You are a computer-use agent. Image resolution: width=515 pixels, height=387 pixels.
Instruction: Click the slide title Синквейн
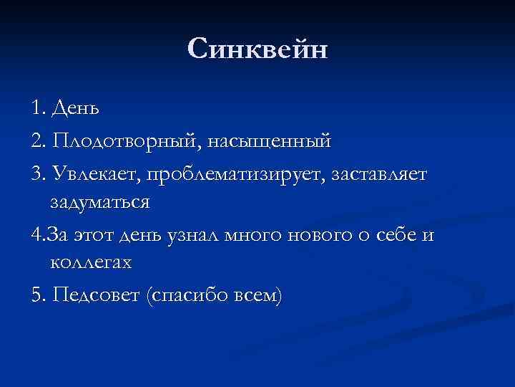tap(257, 50)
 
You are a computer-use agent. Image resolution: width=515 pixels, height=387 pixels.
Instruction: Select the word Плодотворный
tap(123, 140)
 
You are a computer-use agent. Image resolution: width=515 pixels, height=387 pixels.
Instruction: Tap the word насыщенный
tap(270, 140)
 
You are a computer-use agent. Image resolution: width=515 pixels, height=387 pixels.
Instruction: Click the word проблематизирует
tap(233, 172)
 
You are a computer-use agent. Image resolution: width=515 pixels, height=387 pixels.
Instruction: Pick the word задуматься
tap(100, 201)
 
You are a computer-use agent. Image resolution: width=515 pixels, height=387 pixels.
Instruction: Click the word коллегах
tap(92, 263)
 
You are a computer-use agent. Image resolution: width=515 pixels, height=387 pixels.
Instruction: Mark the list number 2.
tap(36, 140)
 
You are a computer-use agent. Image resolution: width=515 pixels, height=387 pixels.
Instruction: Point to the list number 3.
tap(36, 172)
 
